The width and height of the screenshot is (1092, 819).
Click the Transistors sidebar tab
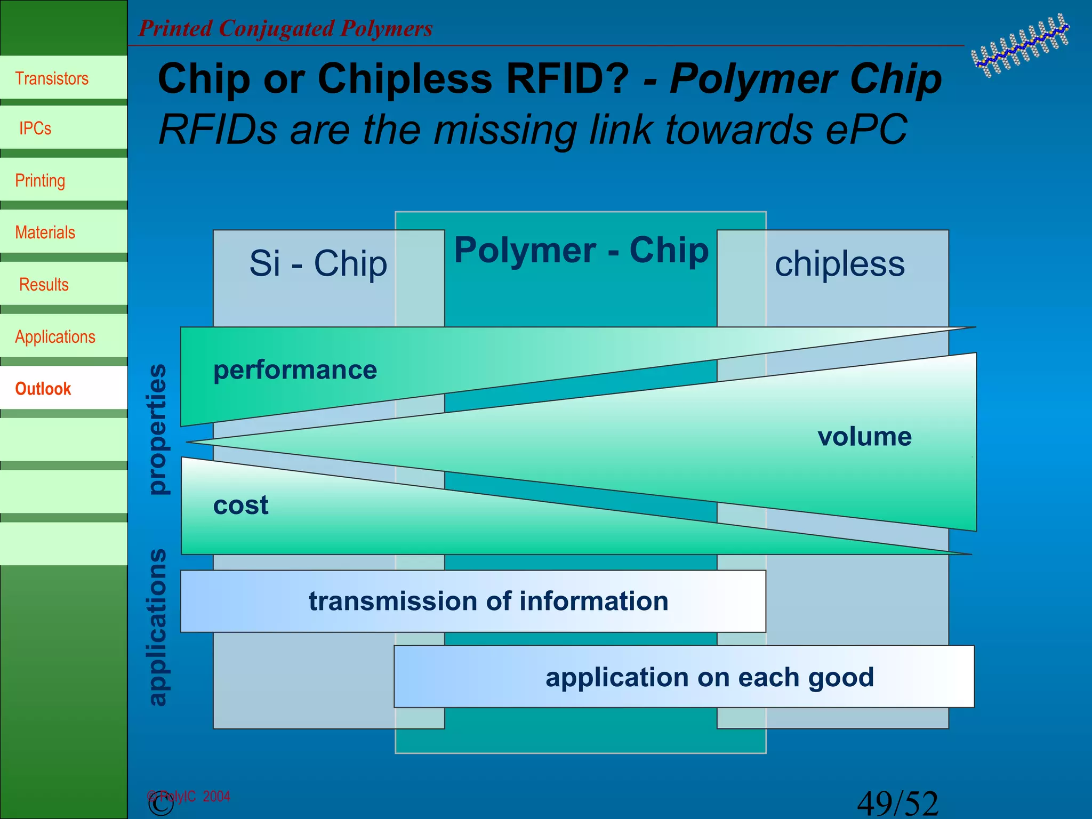point(52,78)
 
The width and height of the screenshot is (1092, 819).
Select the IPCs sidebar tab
point(35,129)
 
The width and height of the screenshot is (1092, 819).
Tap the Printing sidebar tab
point(40,181)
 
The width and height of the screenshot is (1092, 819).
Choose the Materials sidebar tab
point(45,232)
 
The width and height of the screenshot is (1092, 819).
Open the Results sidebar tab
point(44,285)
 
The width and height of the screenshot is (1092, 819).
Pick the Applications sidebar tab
point(55,337)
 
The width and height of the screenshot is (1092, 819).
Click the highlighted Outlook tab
point(43,389)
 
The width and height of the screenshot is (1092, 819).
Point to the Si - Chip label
point(318,263)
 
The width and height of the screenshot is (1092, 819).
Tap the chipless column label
point(839,263)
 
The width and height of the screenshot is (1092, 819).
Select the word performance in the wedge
point(295,370)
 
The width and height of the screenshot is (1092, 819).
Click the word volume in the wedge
point(864,437)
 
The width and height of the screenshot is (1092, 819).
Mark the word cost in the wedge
point(240,505)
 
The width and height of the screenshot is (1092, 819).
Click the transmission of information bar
point(488,601)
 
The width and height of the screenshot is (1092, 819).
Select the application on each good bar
point(709,677)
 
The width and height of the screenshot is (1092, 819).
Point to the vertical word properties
point(157,429)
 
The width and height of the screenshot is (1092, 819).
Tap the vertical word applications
point(157,628)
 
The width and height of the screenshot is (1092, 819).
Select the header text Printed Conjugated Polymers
point(286,29)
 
